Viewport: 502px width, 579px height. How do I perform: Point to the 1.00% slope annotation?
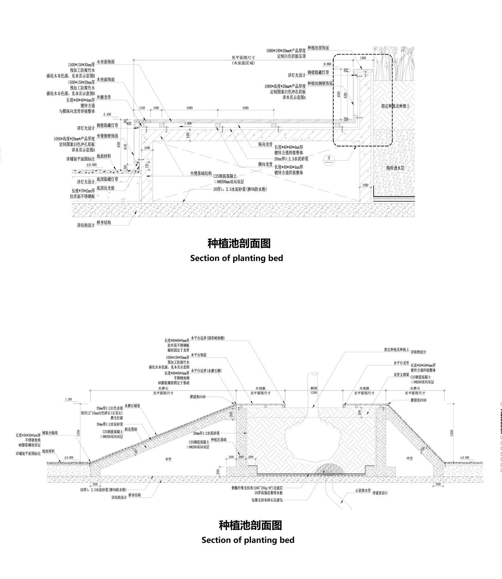tap(188, 123)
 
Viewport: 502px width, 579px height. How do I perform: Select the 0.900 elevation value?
tap(327, 64)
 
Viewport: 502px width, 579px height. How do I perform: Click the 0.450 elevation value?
tap(107, 115)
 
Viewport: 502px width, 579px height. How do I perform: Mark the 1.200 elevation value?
tap(68, 399)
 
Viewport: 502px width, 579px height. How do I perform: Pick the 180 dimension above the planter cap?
tap(363, 58)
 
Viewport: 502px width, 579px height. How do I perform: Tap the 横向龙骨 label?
tap(266, 165)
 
